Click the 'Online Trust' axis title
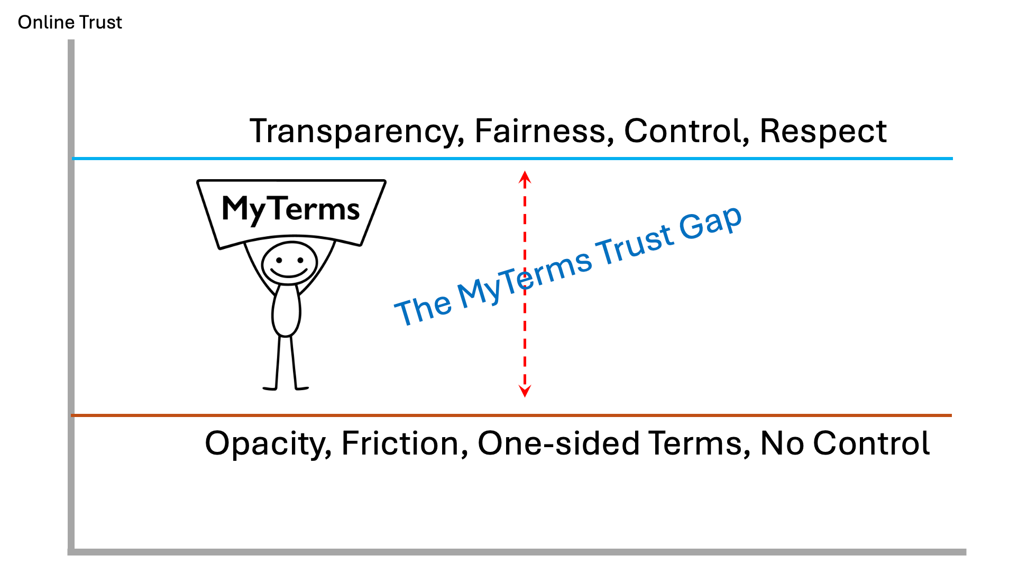click(x=70, y=23)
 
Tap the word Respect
click(x=823, y=131)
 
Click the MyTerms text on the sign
click(x=291, y=209)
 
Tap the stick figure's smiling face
click(x=289, y=263)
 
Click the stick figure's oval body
click(x=286, y=311)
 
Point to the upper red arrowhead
click(x=525, y=177)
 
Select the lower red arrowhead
click(x=525, y=391)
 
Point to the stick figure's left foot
click(x=270, y=388)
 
